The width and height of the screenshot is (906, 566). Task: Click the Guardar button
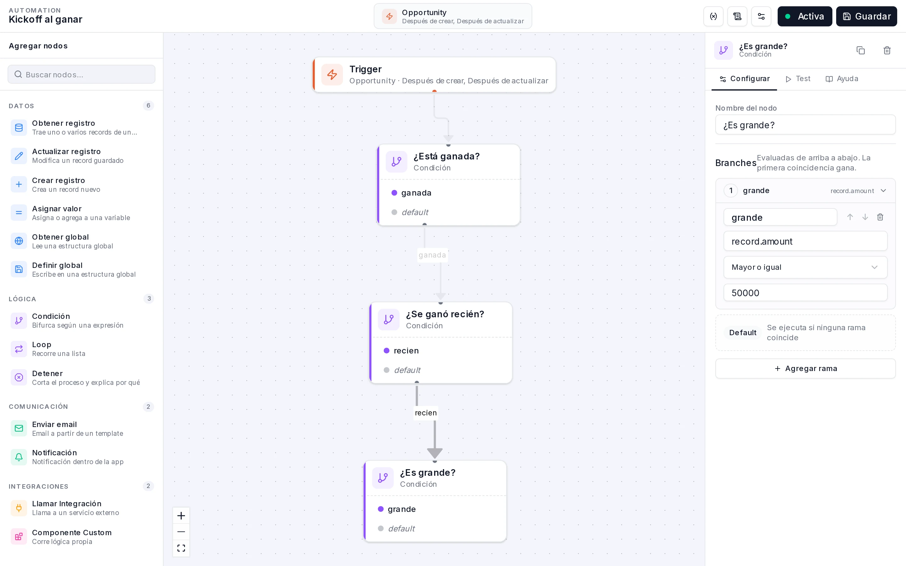pyautogui.click(x=866, y=16)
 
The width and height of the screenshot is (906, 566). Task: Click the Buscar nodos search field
pyautogui.click(x=81, y=75)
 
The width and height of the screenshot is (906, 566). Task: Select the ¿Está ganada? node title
pyautogui.click(x=447, y=156)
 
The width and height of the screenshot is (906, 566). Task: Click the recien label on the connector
pyautogui.click(x=426, y=413)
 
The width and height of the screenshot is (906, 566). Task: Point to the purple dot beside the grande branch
pyautogui.click(x=381, y=509)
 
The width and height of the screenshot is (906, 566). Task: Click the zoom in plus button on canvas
pyautogui.click(x=181, y=516)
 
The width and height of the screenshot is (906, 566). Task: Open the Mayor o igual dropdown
pyautogui.click(x=805, y=267)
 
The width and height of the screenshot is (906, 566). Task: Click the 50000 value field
pyautogui.click(x=805, y=293)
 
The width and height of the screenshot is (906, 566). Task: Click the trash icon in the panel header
pyautogui.click(x=887, y=50)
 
